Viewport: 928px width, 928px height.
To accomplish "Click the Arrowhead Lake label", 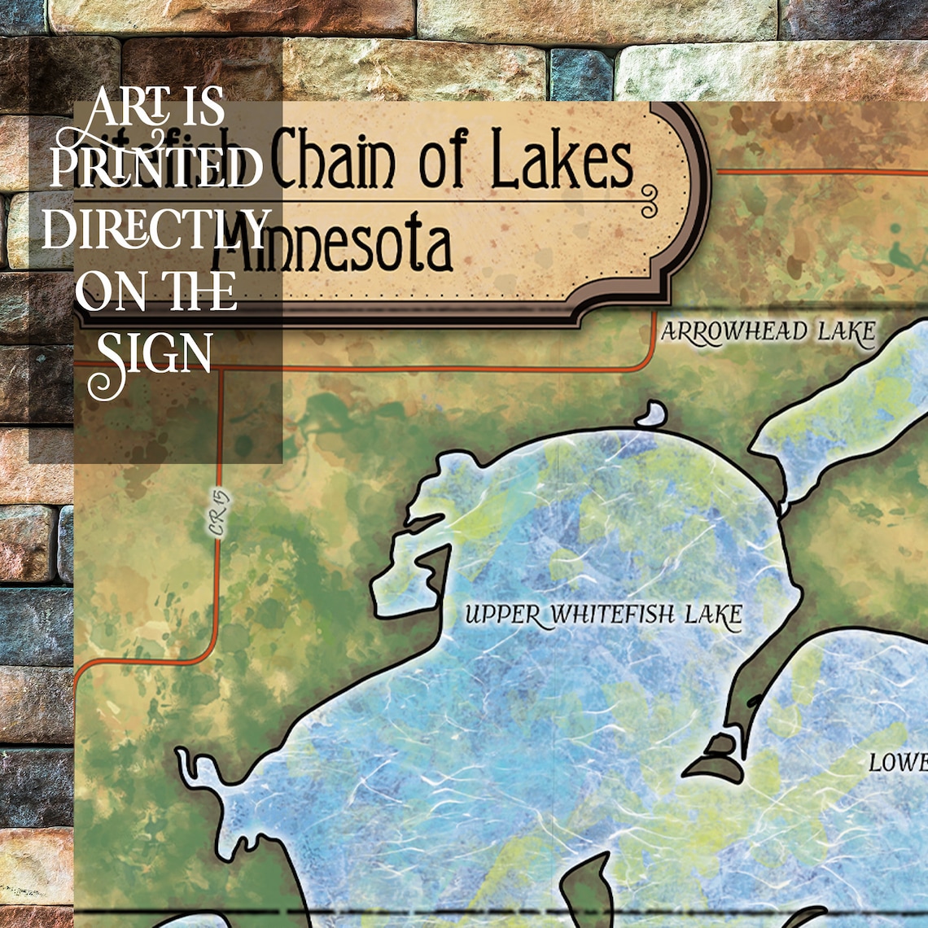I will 768,332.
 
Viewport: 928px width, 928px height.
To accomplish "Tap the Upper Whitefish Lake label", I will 603,615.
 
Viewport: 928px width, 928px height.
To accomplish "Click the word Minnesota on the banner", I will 334,247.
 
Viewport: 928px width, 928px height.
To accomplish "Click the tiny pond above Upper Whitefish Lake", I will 651,415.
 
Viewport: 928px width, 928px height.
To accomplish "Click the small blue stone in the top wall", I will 580,74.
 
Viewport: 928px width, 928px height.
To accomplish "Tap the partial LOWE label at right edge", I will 898,763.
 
